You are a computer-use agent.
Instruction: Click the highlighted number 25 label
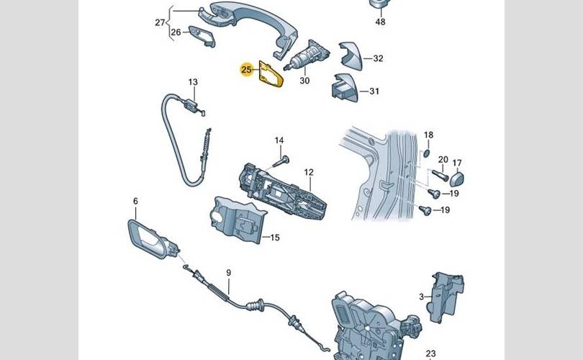(246, 71)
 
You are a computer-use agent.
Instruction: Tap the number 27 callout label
(160, 22)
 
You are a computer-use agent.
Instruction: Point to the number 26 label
(176, 32)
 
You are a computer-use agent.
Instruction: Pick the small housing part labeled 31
(344, 90)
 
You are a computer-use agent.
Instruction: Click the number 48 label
(380, 22)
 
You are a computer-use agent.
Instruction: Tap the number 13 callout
(193, 82)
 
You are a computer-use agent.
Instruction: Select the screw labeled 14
(284, 159)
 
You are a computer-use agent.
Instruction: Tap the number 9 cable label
(229, 272)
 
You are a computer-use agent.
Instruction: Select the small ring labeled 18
(428, 153)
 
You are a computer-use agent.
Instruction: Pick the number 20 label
(443, 159)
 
